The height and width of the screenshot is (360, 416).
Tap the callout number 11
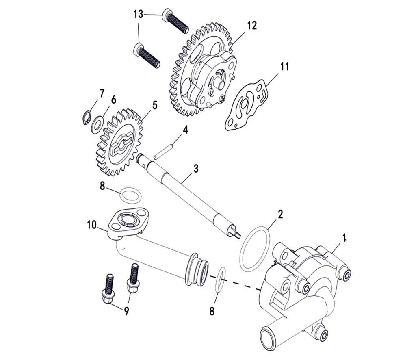tap(285, 67)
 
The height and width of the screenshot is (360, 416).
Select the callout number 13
tap(138, 15)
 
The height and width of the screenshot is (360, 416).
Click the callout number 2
tap(280, 214)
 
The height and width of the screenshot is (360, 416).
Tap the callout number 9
tap(126, 312)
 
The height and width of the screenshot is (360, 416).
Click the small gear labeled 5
tap(120, 140)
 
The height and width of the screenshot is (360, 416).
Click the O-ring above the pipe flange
tap(132, 194)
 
